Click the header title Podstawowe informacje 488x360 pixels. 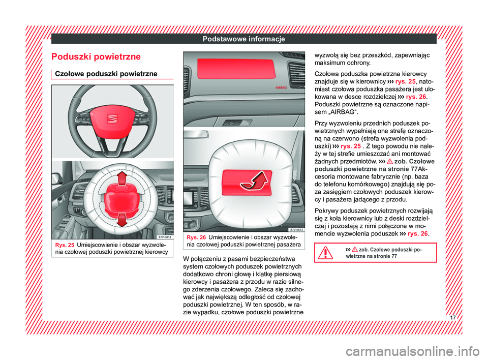point(243,39)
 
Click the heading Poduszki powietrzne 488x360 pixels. point(94,56)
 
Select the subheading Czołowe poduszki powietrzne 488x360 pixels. point(104,73)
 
